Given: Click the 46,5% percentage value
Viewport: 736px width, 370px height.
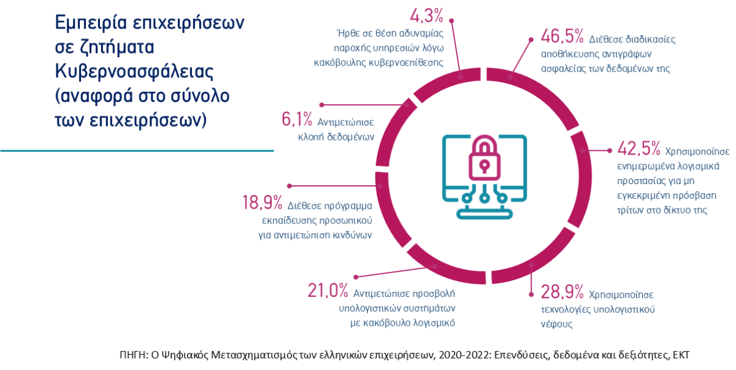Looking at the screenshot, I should click(562, 38).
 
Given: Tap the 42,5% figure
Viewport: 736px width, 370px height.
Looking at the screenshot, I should click(638, 149).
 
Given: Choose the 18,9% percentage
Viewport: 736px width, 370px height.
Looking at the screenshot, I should click(262, 203).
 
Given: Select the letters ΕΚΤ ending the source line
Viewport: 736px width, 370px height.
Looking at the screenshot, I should click(683, 355).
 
